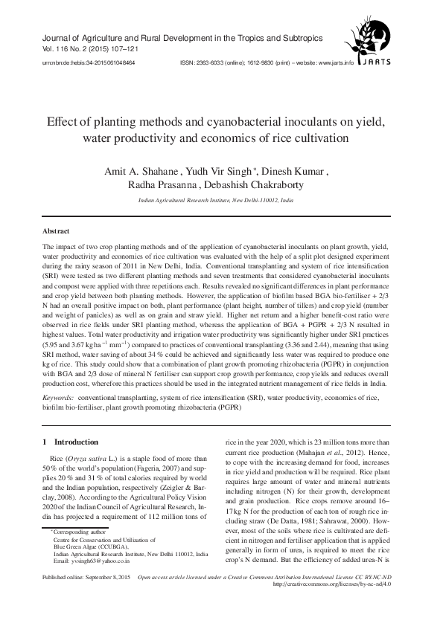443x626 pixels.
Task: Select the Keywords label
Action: (x=63, y=399)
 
